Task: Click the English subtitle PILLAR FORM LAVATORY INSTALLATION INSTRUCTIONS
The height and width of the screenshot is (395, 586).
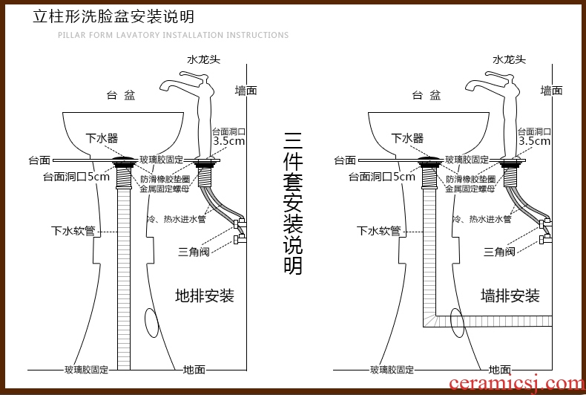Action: click(173, 35)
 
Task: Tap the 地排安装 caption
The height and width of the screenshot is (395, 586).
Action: click(205, 296)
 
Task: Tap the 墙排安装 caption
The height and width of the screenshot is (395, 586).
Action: click(510, 296)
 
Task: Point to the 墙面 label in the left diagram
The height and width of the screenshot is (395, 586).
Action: click(246, 91)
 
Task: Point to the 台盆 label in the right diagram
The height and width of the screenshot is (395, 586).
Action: click(426, 95)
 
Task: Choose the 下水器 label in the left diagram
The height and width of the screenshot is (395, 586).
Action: click(102, 138)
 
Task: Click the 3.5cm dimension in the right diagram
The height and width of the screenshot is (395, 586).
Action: click(534, 140)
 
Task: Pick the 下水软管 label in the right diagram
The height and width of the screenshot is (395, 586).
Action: click(378, 231)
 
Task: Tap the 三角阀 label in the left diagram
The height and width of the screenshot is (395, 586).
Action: click(194, 252)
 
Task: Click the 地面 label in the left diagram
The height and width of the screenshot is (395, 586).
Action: click(194, 369)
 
